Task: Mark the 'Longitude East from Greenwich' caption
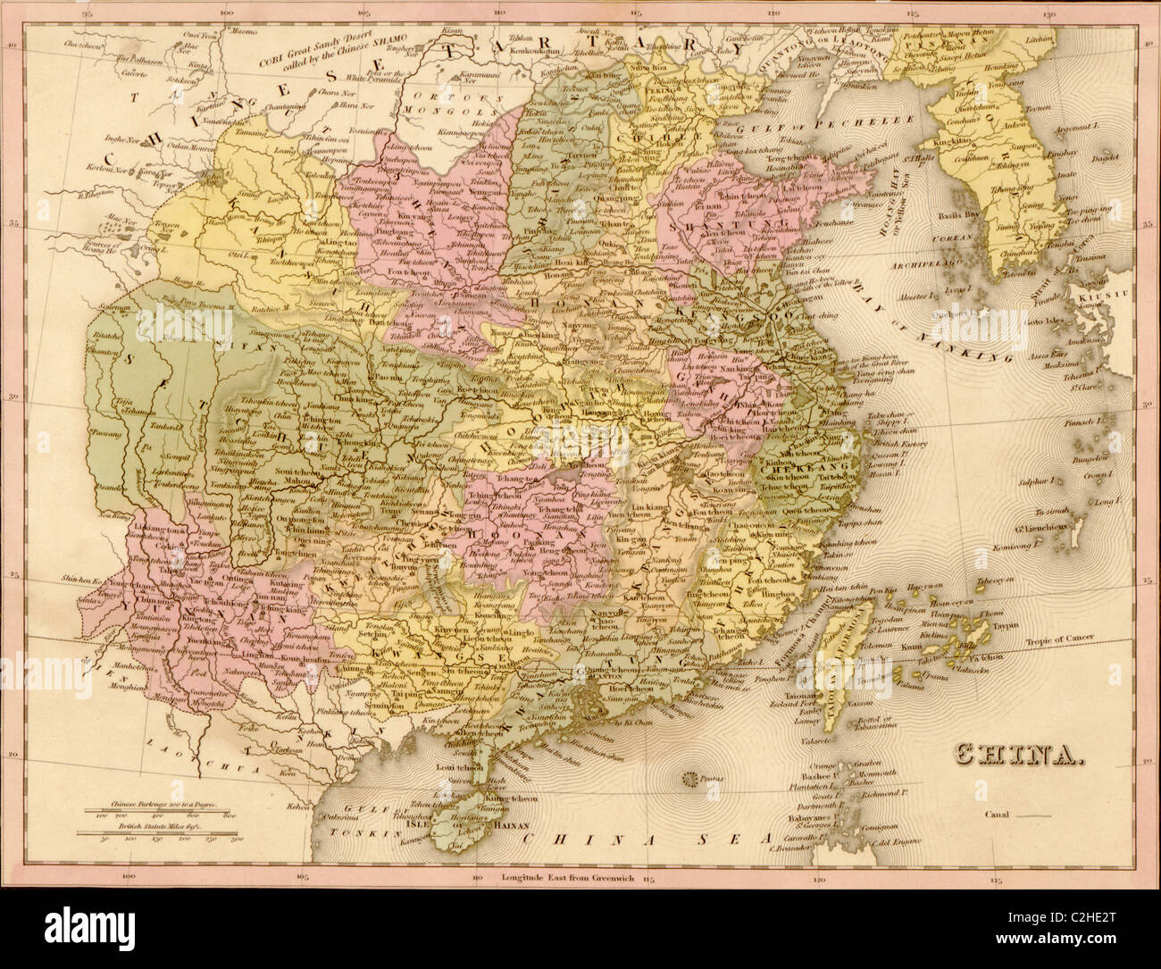(x=568, y=878)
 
